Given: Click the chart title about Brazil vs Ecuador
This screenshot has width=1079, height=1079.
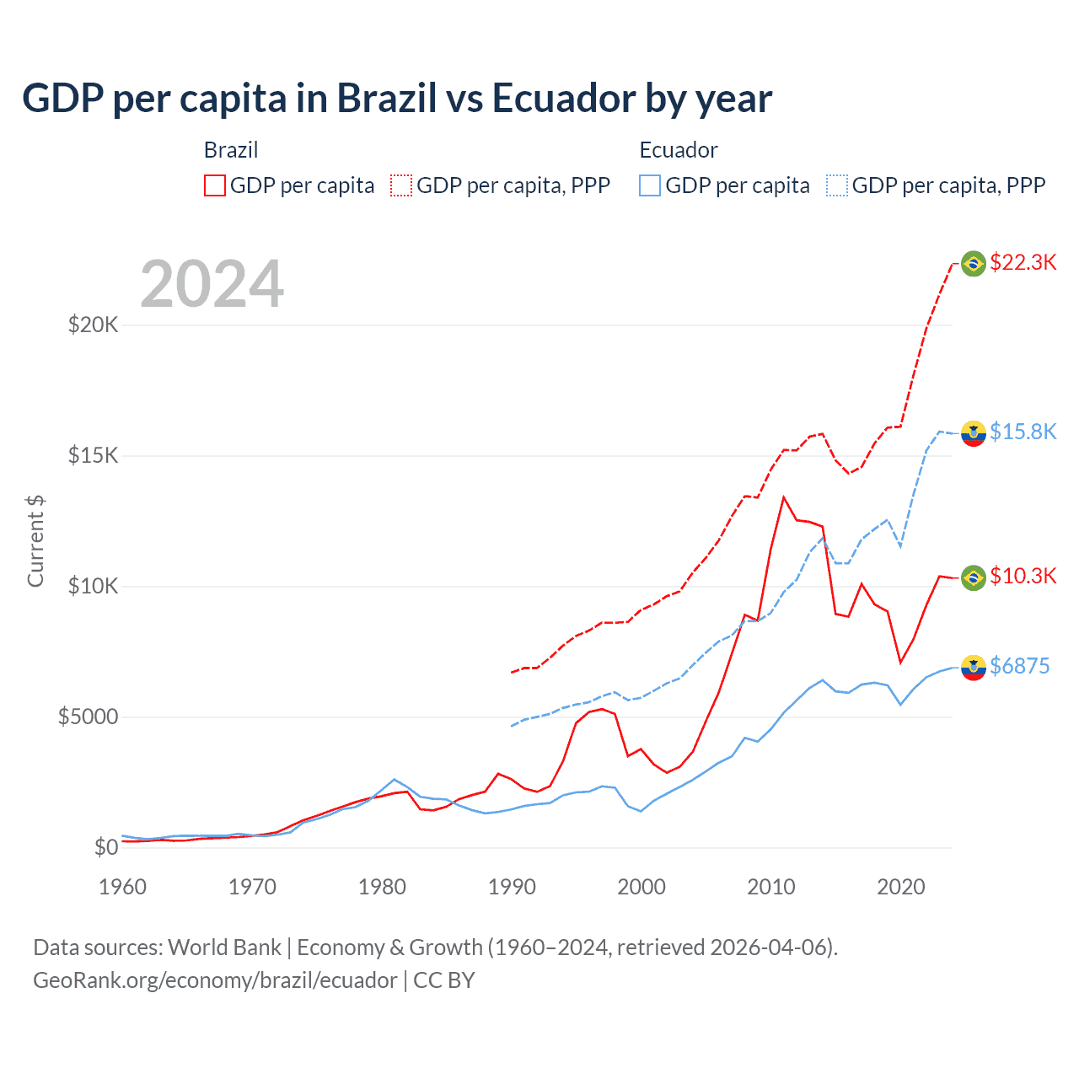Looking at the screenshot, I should pos(396,99).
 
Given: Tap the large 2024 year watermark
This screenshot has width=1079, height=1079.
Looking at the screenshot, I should pos(212,284).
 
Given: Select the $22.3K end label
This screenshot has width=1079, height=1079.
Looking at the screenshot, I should pos(1023,262).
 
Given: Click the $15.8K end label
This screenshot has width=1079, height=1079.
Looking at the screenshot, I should pos(1023,432).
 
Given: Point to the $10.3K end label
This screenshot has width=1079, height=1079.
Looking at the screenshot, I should pos(1023,576).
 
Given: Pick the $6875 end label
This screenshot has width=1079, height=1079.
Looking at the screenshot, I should pos(1019,666).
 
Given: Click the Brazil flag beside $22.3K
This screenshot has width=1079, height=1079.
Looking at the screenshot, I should pos(974,264).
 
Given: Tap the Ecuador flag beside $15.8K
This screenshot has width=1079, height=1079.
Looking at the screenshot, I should pos(974,433).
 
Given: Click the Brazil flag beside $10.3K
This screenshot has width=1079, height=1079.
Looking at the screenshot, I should pos(974,577).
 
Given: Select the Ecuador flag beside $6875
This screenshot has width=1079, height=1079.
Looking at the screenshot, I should pos(974,667).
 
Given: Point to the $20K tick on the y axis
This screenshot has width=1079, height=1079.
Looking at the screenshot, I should pos(93,325).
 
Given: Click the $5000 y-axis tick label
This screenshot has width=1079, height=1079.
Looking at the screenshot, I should pos(88,717).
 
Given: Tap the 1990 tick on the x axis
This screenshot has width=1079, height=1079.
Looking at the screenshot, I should pos(512,887).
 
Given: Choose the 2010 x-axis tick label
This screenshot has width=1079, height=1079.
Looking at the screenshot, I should pos(771,887).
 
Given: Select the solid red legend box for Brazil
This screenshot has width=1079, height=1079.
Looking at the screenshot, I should pos(215,185).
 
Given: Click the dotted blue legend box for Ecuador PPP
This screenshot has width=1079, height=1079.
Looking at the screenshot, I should pos(837,185).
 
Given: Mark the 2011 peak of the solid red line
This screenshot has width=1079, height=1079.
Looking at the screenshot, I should pos(784,497).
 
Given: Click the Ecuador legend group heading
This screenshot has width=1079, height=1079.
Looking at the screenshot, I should pos(678,150).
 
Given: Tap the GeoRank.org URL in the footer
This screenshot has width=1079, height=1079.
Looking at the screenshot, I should pos(215,980).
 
